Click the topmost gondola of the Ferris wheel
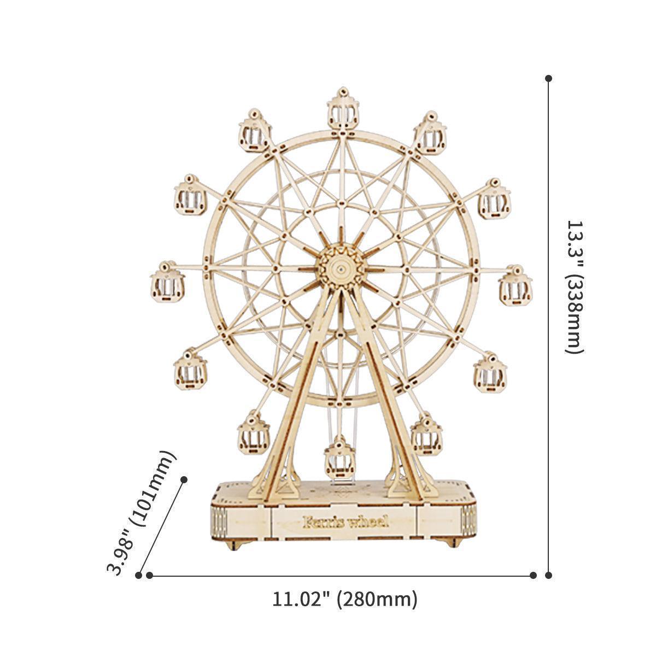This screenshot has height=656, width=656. click(343, 110)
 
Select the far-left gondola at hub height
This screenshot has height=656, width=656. click(167, 283)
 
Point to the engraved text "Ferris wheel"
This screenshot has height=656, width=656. click(345, 521)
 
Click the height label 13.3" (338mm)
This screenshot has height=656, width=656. click(575, 287)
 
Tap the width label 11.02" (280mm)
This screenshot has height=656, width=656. click(345, 599)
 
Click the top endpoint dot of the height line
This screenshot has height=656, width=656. click(549, 79)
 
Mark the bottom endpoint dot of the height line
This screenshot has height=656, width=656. click(549, 575)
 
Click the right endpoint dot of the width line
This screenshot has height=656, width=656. click(533, 575)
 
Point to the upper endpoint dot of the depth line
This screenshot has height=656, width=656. click(184, 479)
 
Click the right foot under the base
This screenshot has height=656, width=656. click(452, 542)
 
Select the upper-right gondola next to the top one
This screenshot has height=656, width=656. click(430, 134)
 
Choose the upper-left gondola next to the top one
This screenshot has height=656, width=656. click(255, 132)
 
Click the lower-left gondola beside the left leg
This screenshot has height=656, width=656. click(253, 434)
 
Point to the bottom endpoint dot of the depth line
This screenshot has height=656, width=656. click(138, 575)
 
